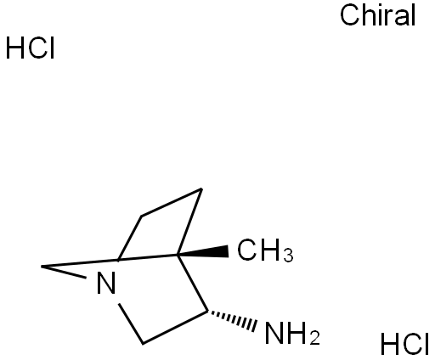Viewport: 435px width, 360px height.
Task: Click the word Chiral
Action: tap(377, 14)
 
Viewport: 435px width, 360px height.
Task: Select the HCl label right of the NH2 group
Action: tap(404, 344)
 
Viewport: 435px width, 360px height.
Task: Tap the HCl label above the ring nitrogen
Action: tap(30, 48)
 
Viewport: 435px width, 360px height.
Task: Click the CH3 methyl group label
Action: tap(265, 250)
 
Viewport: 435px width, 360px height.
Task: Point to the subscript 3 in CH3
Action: tap(289, 255)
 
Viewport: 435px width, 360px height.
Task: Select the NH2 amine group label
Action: tap(292, 333)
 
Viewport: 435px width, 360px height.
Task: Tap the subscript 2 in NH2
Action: tap(315, 337)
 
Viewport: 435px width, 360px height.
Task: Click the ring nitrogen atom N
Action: tap(106, 283)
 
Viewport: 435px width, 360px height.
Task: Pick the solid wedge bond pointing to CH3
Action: tap(203, 252)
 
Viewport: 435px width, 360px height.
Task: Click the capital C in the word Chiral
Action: tap(350, 15)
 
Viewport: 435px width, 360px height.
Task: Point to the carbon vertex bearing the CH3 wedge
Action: tap(178, 255)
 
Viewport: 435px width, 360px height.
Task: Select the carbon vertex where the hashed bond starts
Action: tap(207, 312)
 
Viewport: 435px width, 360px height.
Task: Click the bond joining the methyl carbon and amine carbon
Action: tap(193, 284)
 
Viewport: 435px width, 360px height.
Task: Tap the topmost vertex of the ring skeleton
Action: tap(201, 188)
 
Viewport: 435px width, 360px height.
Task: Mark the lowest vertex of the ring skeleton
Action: tap(143, 344)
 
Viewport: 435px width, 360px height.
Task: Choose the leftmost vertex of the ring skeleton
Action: tap(42, 267)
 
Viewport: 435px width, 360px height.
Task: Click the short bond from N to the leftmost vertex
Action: tap(64, 272)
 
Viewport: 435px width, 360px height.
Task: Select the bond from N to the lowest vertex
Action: tap(131, 323)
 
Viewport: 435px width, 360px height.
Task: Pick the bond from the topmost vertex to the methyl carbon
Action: tap(189, 222)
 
